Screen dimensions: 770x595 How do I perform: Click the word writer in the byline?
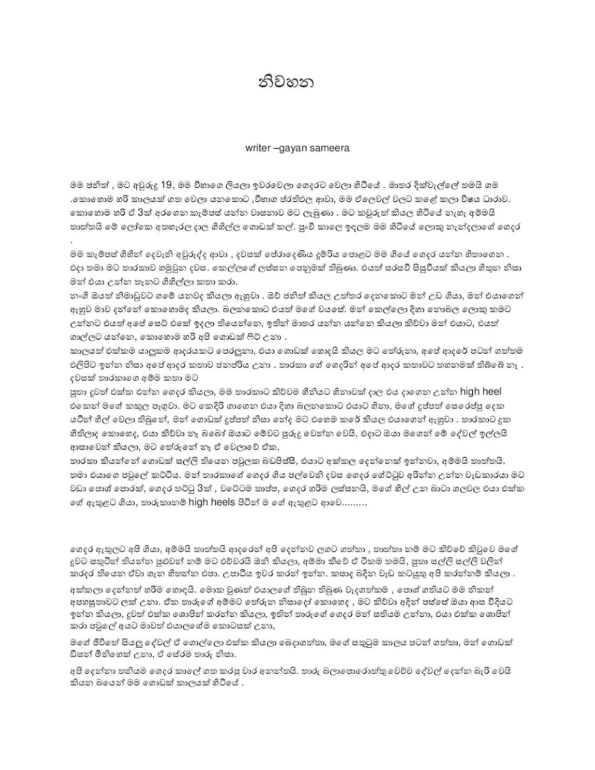tap(258, 148)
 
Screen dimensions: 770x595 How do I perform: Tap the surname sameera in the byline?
tap(332, 148)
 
